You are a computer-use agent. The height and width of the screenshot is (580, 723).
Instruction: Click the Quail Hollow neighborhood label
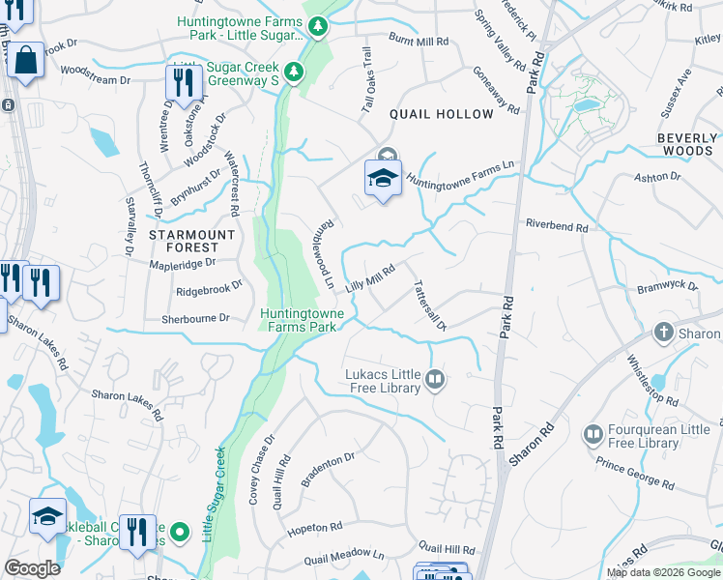441,114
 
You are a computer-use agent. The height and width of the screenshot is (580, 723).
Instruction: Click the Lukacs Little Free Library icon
436,380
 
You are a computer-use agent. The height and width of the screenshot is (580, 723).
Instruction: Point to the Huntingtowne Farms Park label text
298,320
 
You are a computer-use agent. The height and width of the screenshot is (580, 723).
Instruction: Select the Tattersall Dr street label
428,306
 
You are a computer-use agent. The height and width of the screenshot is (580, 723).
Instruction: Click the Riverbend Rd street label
557,225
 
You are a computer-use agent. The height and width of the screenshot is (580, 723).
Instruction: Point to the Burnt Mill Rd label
419,43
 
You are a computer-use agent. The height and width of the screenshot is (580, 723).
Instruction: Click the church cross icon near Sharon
664,333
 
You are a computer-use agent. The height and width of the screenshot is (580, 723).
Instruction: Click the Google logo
32,568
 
